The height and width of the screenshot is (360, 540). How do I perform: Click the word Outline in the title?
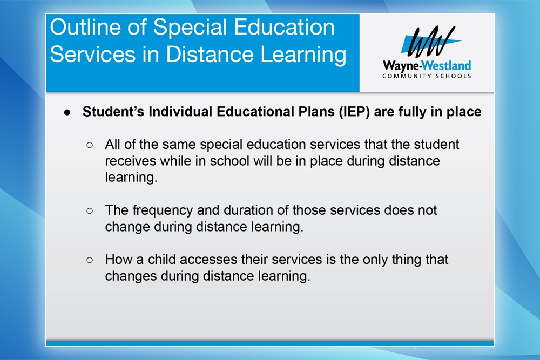coord(85,27)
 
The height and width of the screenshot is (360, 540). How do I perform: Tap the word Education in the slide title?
coord(284,27)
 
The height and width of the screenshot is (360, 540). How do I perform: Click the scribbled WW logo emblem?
coord(431,42)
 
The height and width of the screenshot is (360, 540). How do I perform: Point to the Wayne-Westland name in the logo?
coord(427,65)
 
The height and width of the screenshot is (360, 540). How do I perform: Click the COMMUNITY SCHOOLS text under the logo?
coord(427,76)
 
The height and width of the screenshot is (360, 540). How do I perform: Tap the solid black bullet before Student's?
coord(67,113)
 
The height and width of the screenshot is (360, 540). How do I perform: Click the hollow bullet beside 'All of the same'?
coord(90,145)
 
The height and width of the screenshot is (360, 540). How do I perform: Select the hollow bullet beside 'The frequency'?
coord(90,210)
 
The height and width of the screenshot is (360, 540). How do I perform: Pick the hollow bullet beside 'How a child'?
coord(90,260)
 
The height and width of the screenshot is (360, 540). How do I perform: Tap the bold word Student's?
coord(113,112)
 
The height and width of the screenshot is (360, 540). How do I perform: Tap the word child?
coord(162,259)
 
